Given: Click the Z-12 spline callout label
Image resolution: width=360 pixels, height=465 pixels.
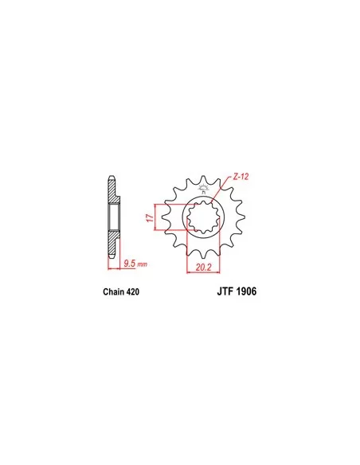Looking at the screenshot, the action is [241, 177].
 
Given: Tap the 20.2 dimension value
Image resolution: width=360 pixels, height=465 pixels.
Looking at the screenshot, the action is [203, 268].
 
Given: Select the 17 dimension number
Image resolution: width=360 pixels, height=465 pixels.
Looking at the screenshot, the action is [151, 218].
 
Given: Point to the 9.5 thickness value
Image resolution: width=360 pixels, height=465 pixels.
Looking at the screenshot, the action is [130, 264].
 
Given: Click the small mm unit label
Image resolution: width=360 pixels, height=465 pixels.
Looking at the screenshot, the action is [143, 264].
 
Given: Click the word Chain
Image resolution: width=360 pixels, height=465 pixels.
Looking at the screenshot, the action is [114, 292].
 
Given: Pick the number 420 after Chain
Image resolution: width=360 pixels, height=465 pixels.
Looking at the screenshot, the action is [132, 292].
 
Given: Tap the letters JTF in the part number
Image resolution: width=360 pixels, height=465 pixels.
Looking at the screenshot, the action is [225, 291].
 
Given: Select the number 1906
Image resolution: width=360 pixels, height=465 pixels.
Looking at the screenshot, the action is [246, 291].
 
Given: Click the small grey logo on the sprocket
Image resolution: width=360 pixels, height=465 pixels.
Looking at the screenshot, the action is [204, 189].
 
